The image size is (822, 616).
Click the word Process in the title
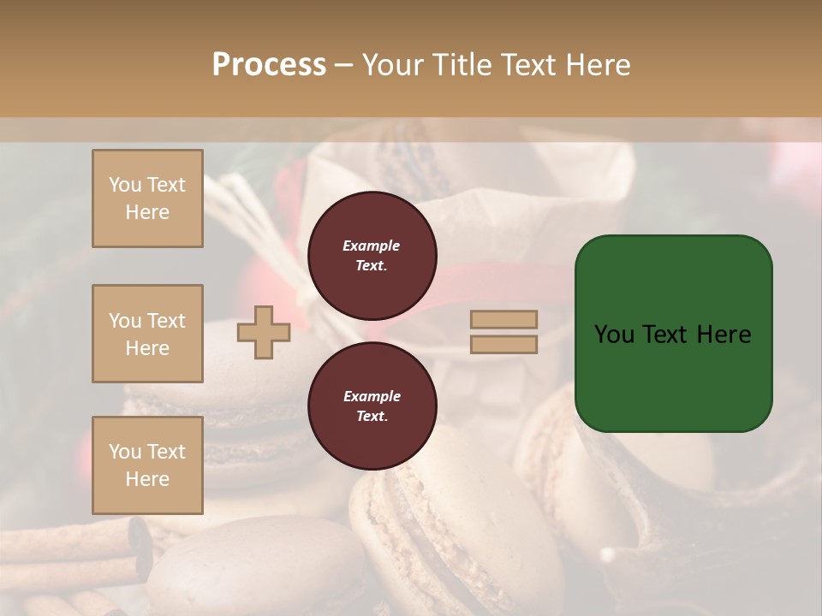coord(269,65)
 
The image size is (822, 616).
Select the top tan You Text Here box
coord(147,198)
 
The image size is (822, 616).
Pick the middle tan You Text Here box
coord(147,334)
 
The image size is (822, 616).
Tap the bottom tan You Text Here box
coord(147,465)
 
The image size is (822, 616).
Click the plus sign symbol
coord(264,332)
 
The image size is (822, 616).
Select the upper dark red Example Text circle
coord(372,256)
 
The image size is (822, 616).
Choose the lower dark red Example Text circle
coord(372,406)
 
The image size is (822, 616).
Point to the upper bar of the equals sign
coord(504,319)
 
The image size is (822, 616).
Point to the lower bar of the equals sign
coord(504,345)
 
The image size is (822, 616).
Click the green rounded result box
coord(673,334)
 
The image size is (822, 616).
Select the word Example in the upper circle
coord(372,246)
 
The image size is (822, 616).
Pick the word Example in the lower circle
coord(372,396)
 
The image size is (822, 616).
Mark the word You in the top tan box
coord(125,185)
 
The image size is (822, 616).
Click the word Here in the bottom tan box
coord(147,479)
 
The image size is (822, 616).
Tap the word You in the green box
coord(614,335)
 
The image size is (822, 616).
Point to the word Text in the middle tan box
coord(166,321)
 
